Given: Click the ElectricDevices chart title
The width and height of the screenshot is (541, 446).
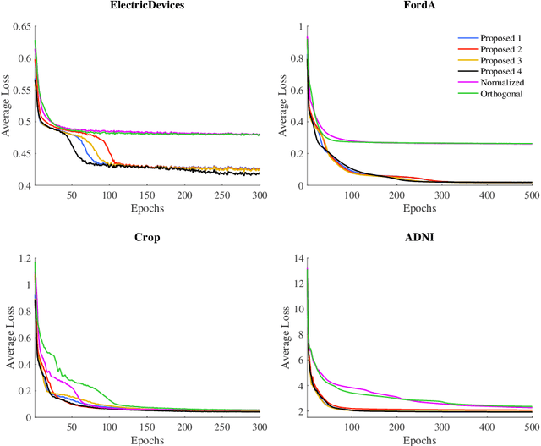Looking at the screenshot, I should click(147, 7).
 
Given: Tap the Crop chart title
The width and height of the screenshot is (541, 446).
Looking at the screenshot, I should click(147, 239).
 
